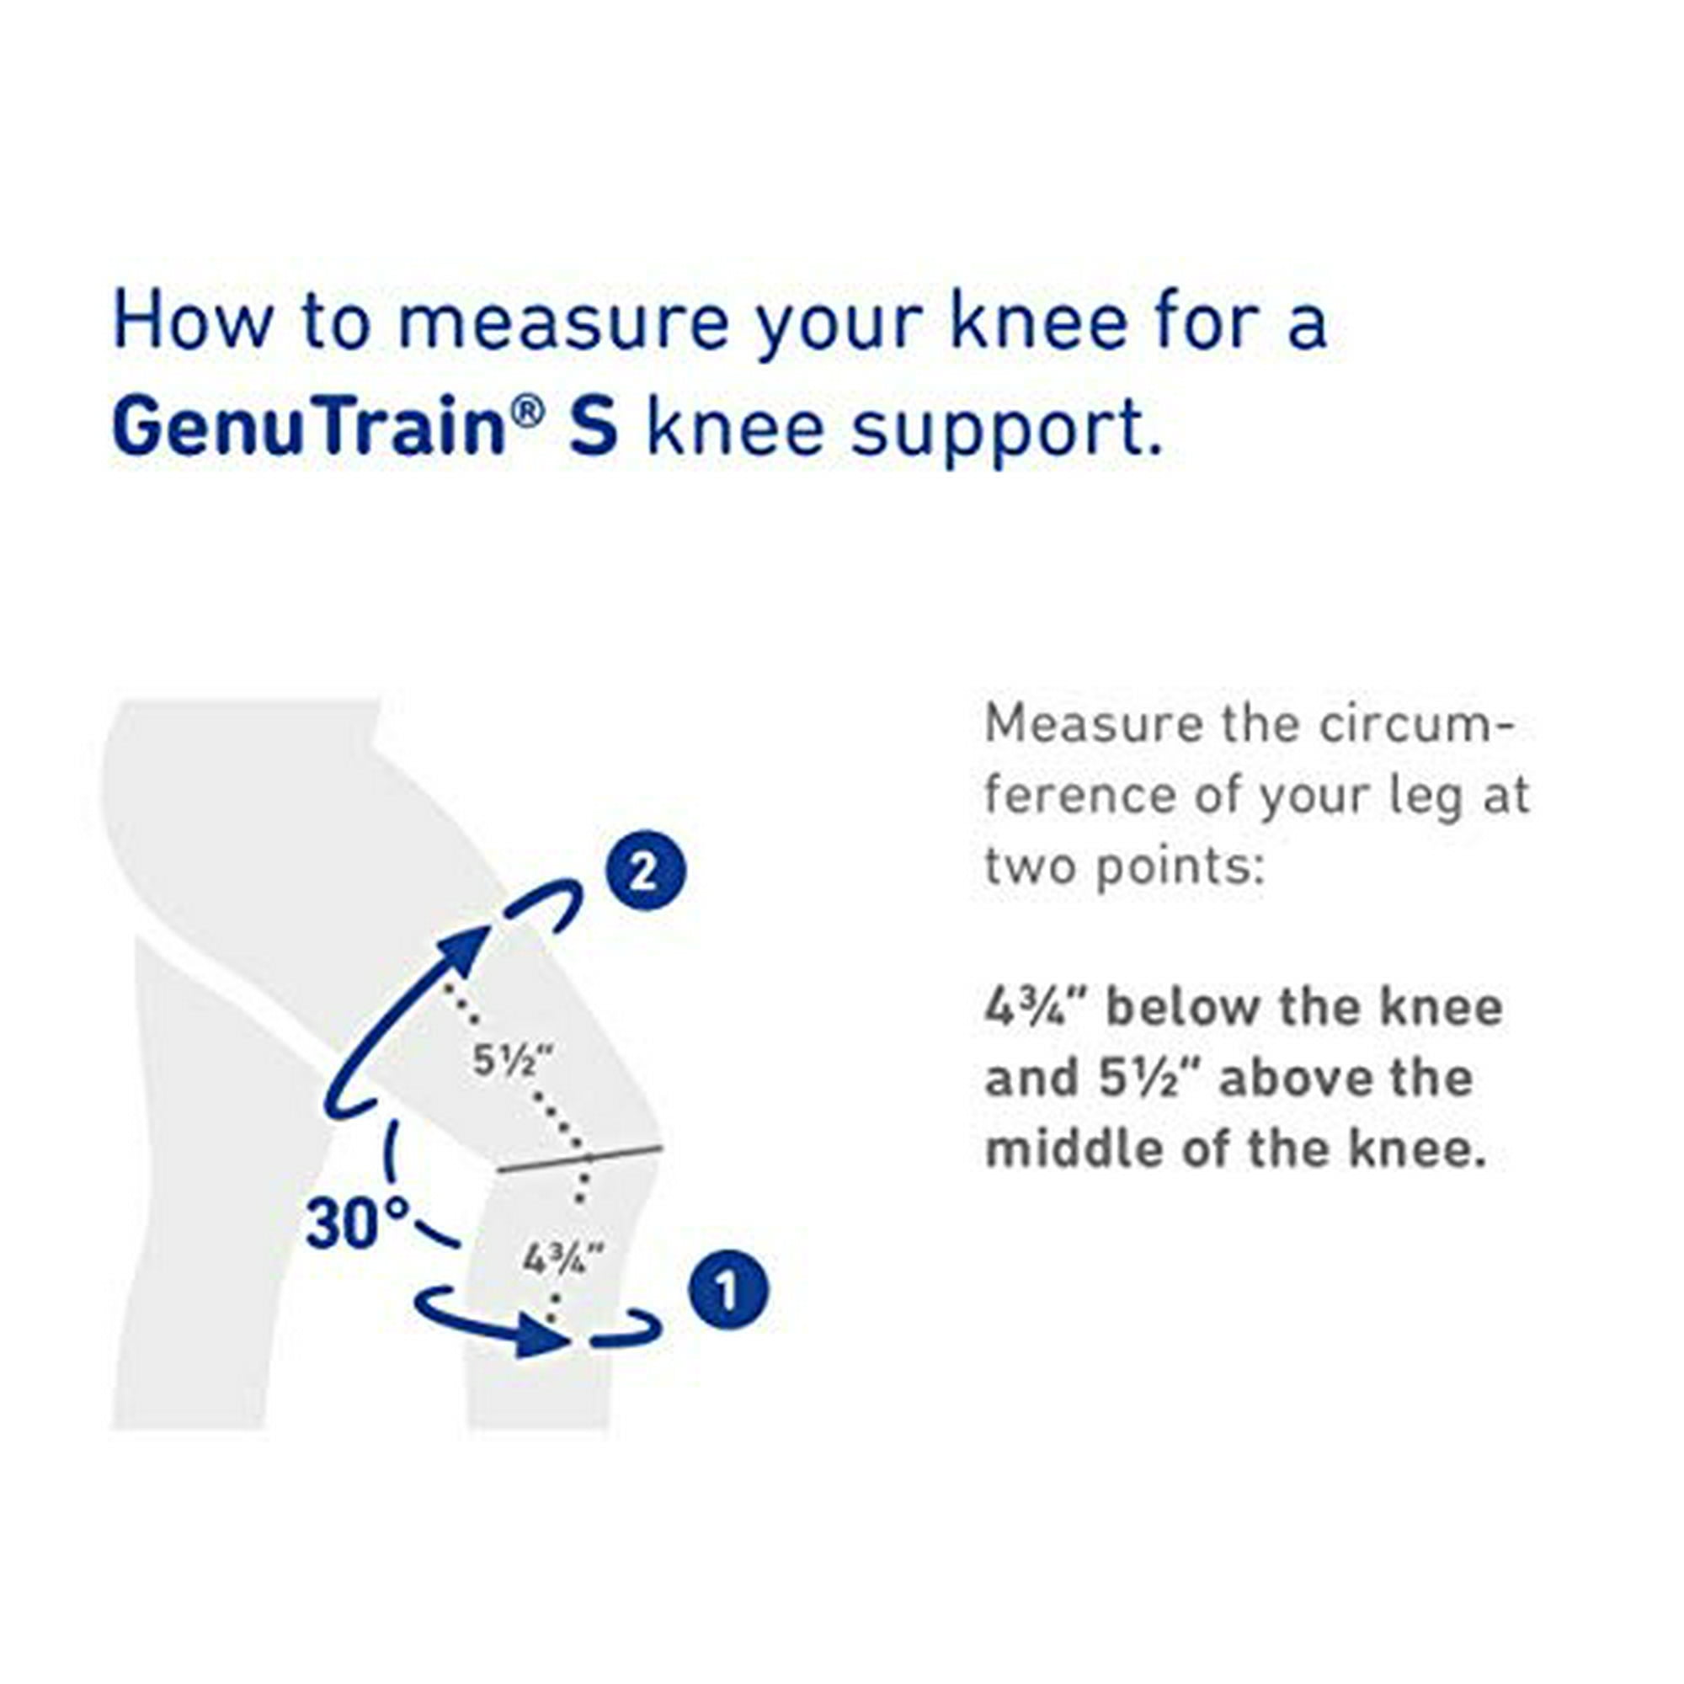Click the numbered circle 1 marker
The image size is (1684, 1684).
[727, 1292]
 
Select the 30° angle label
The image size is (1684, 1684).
[357, 1222]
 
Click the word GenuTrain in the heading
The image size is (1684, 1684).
[309, 427]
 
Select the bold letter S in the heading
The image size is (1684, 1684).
[594, 427]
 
